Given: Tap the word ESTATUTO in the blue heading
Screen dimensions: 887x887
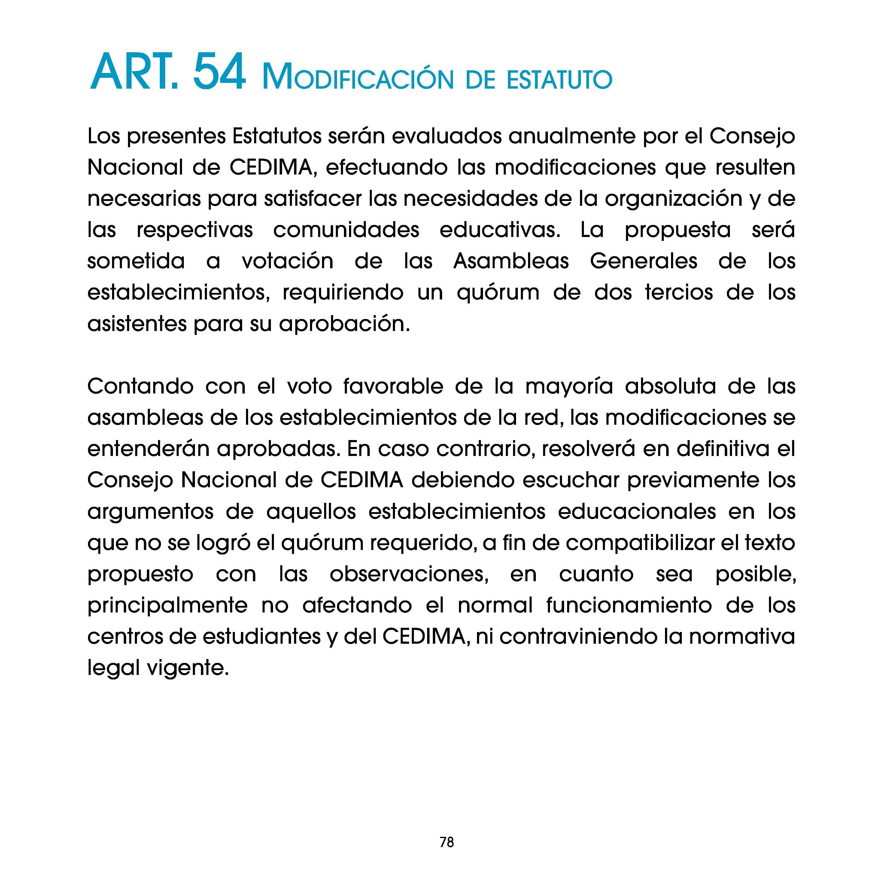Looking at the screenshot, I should pyautogui.click(x=560, y=80).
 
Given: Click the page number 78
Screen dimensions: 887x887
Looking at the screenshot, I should pyautogui.click(x=446, y=842).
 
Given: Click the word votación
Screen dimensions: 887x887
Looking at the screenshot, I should pyautogui.click(x=287, y=261).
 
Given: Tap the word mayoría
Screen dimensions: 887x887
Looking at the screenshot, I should pyautogui.click(x=569, y=387).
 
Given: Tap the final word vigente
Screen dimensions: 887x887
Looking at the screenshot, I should pyautogui.click(x=187, y=668).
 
